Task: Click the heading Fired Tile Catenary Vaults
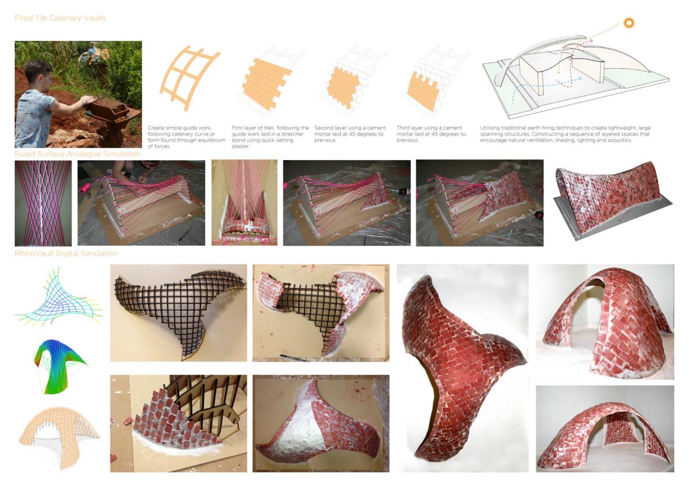(60, 18)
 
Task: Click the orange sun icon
(629, 23)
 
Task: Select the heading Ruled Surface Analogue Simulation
(78, 154)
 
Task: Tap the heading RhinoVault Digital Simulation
(67, 253)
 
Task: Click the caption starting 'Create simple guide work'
(186, 137)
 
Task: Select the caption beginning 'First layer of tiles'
(270, 137)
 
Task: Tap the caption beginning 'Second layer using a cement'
(350, 134)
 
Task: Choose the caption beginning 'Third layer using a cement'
(431, 134)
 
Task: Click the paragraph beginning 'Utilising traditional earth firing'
(566, 134)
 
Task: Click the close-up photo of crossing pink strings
(43, 203)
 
